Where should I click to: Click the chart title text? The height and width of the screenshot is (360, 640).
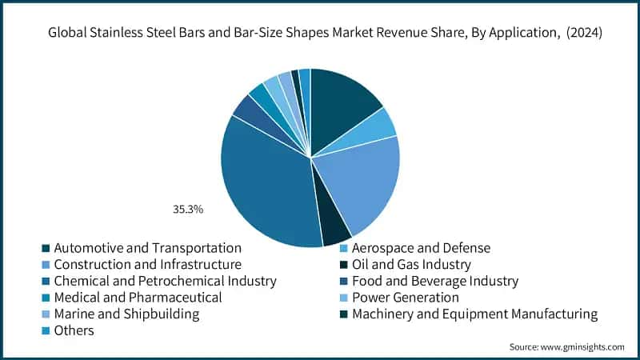point(320,34)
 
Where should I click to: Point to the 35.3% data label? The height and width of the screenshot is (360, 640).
point(189,210)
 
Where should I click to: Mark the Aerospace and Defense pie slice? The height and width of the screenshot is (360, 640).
point(382,124)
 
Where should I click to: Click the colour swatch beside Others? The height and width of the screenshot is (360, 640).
point(46,331)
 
